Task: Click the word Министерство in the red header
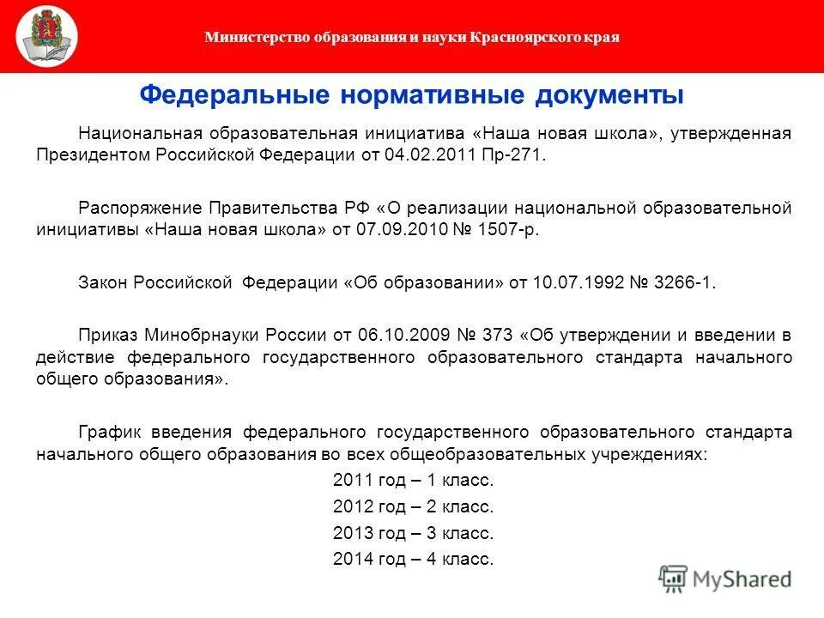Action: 245,38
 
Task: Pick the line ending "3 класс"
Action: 413,533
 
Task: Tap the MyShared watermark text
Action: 741,579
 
